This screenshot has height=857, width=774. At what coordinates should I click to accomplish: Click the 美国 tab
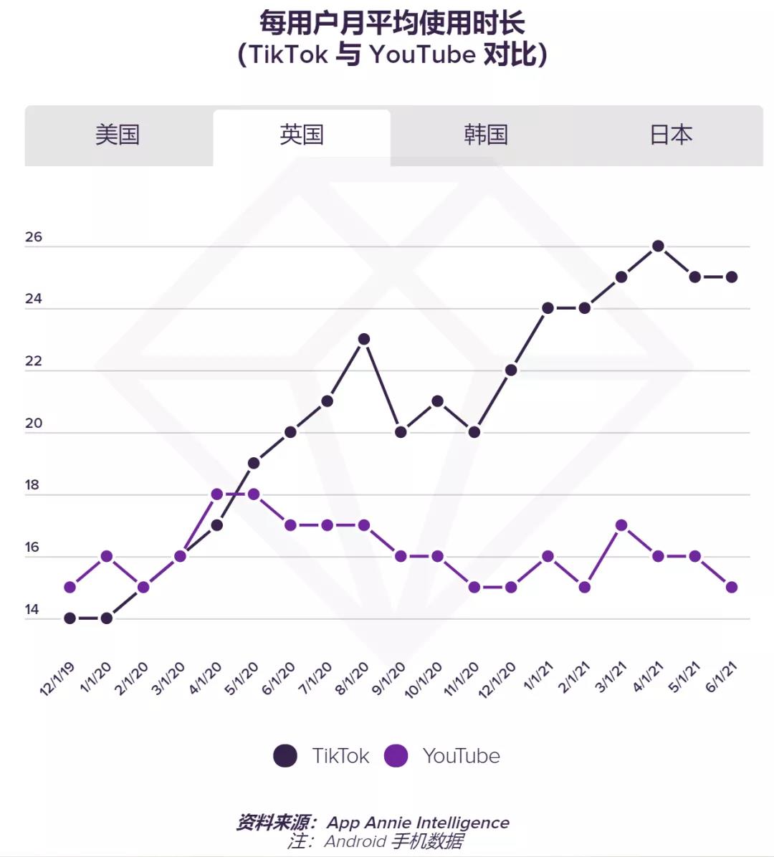118,135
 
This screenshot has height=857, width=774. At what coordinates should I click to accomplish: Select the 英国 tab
302,135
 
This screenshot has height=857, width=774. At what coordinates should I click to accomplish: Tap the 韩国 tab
486,135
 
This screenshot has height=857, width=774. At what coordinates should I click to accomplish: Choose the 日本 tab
671,135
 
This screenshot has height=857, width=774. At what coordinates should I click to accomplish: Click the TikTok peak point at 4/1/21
658,246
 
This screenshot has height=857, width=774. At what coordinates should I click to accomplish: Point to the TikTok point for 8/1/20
364,339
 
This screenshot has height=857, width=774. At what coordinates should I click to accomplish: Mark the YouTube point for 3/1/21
621,525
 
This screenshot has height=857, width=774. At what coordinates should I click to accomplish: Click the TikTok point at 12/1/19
70,618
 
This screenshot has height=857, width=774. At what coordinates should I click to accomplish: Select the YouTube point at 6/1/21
732,587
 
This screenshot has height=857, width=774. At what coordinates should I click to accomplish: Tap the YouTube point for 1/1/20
107,556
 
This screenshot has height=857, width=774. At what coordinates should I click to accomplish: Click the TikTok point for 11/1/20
474,432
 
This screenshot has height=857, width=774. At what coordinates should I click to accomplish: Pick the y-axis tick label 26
34,237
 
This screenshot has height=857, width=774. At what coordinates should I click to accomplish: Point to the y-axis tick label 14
32,610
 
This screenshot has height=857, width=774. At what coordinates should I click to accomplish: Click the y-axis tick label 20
34,423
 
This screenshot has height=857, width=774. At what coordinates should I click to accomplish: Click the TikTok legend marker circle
285,756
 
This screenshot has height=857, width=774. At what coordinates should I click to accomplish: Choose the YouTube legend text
461,756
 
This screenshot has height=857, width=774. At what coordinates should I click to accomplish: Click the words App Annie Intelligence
418,823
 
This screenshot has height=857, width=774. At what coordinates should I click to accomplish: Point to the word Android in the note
355,841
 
